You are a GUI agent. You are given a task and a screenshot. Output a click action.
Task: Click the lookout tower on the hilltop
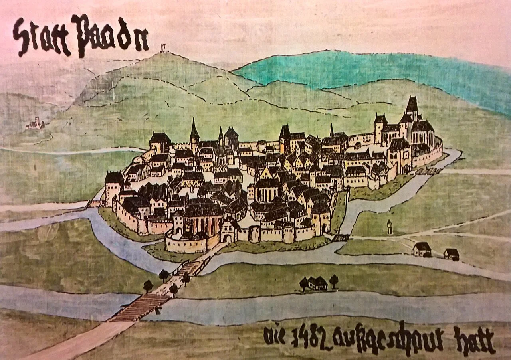click(163, 48)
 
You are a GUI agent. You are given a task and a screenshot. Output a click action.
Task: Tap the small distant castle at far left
click(35, 124)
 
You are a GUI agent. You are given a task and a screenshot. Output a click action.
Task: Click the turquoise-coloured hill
click(359, 70)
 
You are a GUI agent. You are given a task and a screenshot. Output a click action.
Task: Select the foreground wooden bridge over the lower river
click(140, 307)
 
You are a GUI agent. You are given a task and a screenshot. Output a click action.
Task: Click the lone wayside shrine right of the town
click(390, 227)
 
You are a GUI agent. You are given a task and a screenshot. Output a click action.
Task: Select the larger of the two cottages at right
click(422, 249)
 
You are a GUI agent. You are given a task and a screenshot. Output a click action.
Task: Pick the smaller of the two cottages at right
click(452, 254)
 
